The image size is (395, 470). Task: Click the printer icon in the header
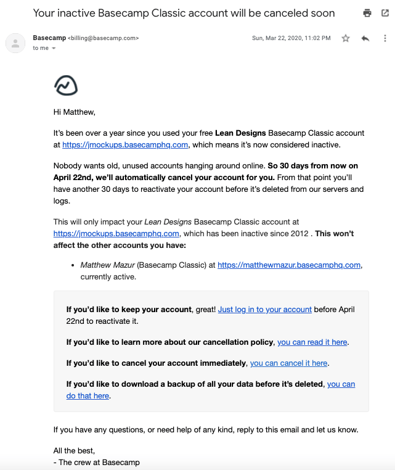(x=367, y=13)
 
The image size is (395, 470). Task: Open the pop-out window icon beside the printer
(x=386, y=13)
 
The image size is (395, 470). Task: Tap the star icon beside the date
(x=346, y=38)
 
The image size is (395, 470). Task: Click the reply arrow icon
(x=365, y=38)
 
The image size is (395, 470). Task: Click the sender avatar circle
(x=15, y=43)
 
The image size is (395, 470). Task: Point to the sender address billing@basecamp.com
(x=103, y=38)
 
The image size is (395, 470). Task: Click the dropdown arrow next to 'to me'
(x=54, y=48)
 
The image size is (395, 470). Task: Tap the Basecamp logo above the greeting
(x=66, y=86)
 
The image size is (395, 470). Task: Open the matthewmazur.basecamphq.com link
(x=289, y=265)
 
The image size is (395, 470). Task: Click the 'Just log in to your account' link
(x=264, y=310)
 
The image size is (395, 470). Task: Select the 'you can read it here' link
(x=312, y=342)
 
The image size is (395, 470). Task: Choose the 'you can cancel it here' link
(x=288, y=363)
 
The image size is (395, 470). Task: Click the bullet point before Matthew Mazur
(x=73, y=265)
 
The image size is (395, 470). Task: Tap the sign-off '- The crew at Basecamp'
(x=97, y=462)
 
